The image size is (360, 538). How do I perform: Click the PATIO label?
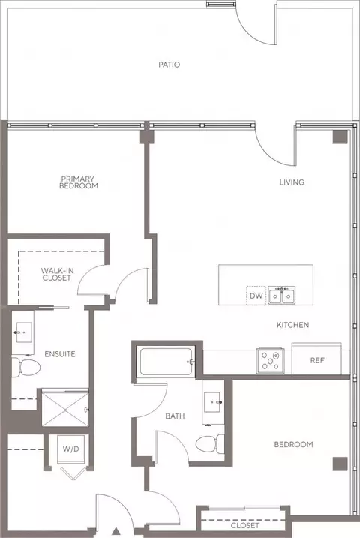169,65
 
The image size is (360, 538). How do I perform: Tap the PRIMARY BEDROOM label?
79,182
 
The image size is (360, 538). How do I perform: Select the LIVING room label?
292,182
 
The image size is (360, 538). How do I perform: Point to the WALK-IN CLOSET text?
57,274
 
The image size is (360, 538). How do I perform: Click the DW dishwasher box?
256,296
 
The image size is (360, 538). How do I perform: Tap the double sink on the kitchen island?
282,296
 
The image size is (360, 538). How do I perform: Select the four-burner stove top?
271,361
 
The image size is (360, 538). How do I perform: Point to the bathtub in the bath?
166,362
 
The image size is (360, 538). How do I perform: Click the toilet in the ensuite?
26,367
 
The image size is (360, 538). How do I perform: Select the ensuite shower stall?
65,408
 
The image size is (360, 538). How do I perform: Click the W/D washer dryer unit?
71,449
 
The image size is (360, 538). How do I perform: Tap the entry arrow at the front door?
116,531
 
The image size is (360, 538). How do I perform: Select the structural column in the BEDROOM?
340,464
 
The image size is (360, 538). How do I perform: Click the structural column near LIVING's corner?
340,137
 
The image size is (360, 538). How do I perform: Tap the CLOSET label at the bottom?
244,526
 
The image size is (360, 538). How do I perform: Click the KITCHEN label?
292,325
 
